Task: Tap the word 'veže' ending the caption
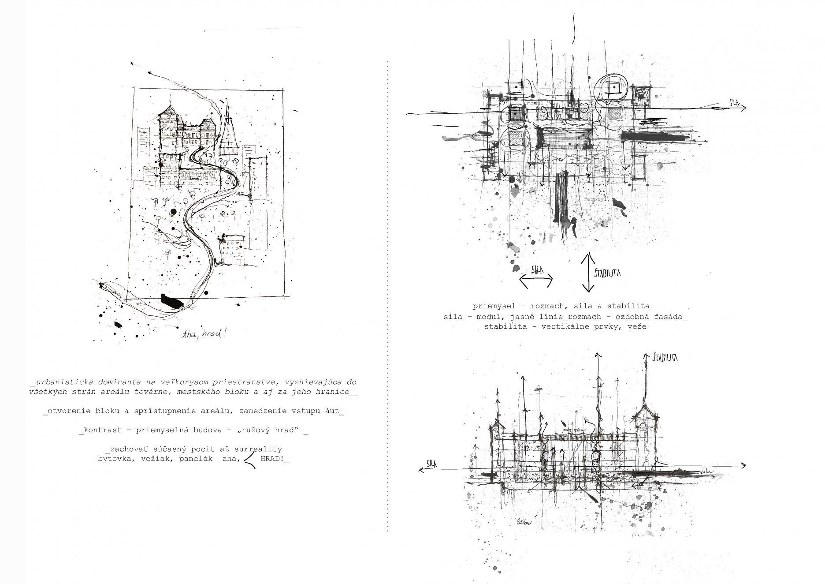click(638, 327)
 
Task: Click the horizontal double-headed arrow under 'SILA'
click(536, 281)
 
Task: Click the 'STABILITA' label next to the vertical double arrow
click(607, 273)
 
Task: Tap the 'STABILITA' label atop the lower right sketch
click(665, 357)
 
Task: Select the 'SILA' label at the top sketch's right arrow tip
click(734, 103)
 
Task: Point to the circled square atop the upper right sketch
click(613, 88)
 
